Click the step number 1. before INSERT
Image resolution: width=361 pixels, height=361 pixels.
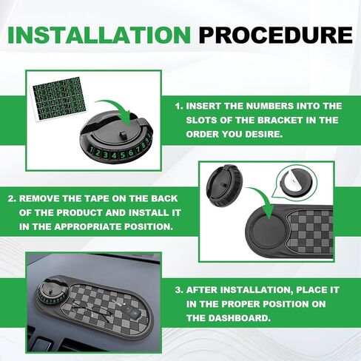point(180,107)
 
